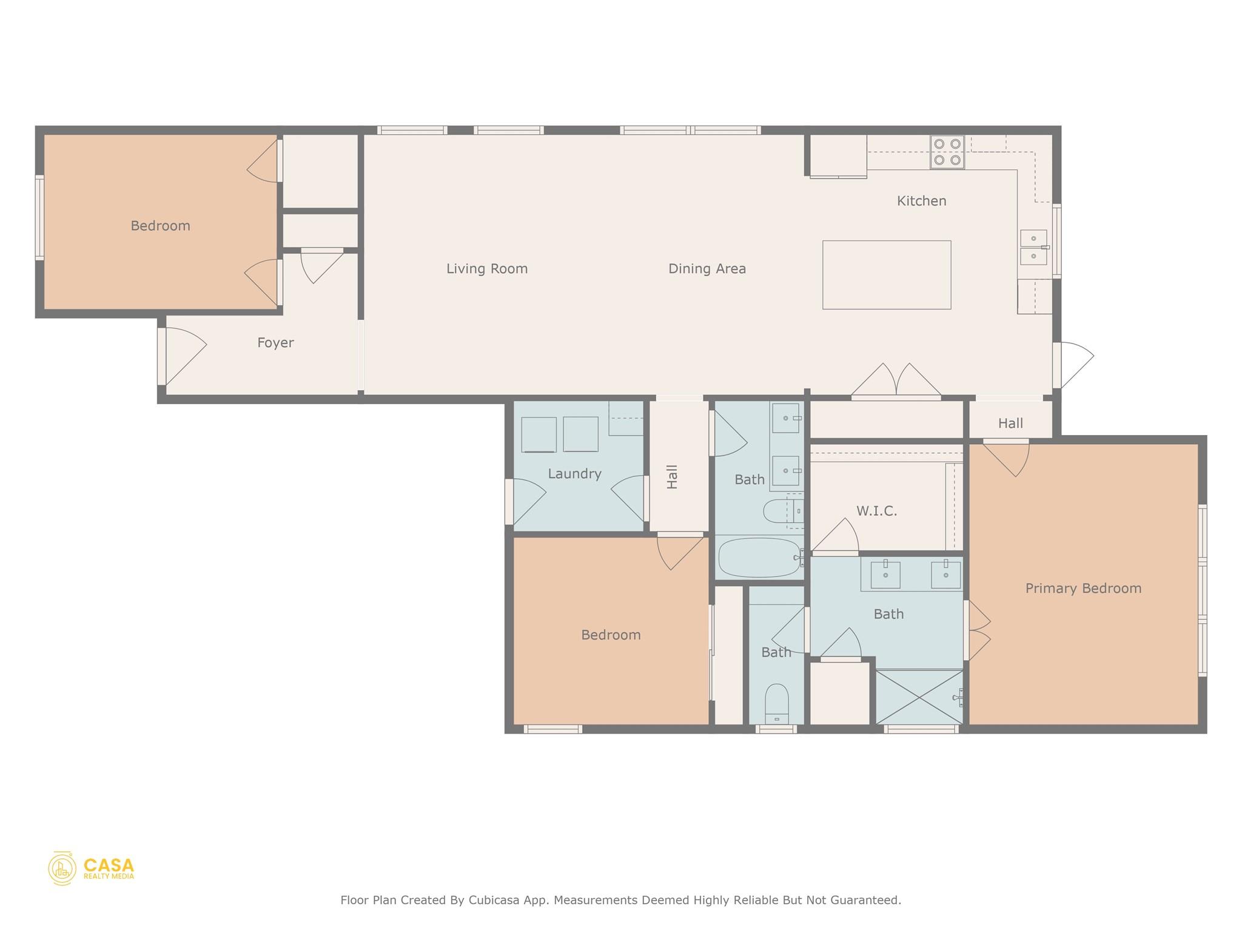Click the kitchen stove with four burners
[947, 152]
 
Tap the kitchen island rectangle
[886, 275]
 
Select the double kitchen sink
[1033, 247]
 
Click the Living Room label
[487, 269]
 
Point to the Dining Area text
[707, 269]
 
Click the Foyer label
[275, 343]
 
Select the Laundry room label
[574, 474]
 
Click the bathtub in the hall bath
[759, 558]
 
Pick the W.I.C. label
[876, 511]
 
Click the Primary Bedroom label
[1083, 588]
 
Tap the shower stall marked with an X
[919, 697]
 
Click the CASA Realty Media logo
[92, 868]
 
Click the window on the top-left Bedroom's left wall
[40, 218]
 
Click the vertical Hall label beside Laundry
[672, 477]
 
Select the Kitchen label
[921, 201]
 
